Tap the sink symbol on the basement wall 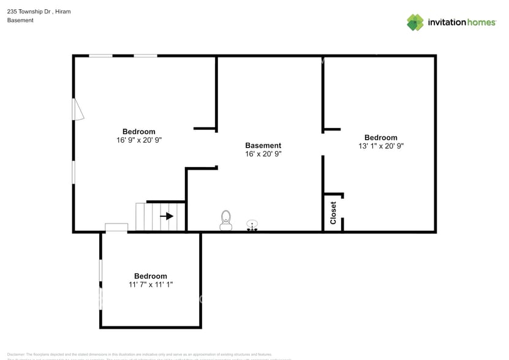(252, 226)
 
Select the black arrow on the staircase (166, 216)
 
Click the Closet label (333, 213)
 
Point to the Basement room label (263, 146)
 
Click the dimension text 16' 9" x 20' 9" (139, 140)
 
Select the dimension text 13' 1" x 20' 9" (381, 146)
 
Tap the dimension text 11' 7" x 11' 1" (150, 285)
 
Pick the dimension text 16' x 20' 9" (263, 154)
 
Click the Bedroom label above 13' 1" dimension (381, 138)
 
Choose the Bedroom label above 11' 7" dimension (150, 276)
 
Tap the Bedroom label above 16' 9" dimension (139, 132)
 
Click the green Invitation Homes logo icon (415, 23)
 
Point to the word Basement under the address (20, 20)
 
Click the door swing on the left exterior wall (77, 110)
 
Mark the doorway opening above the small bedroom (116, 228)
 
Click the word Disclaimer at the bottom (15, 354)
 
